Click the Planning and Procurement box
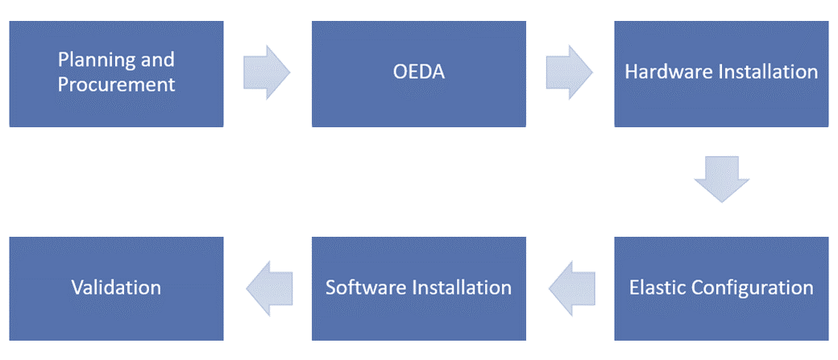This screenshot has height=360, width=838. tap(116, 74)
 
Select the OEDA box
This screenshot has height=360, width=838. tap(418, 74)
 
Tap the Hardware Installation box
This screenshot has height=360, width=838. tap(721, 74)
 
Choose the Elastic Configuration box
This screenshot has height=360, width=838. tap(721, 288)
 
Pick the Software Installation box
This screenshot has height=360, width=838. tap(418, 288)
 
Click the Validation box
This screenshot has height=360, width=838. tap(116, 288)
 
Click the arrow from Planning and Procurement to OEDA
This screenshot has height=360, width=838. tap(267, 72)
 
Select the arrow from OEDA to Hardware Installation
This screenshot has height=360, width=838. tap(569, 72)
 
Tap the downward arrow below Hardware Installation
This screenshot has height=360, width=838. tap(721, 180)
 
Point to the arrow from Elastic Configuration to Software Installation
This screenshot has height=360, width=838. tap(572, 288)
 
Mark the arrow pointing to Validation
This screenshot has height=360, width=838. tap(269, 288)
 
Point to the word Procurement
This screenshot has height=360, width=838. tap(117, 85)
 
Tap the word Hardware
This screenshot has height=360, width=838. tap(659, 72)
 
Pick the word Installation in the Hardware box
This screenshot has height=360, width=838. tap(759, 72)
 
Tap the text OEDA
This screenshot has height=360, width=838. tap(419, 72)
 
